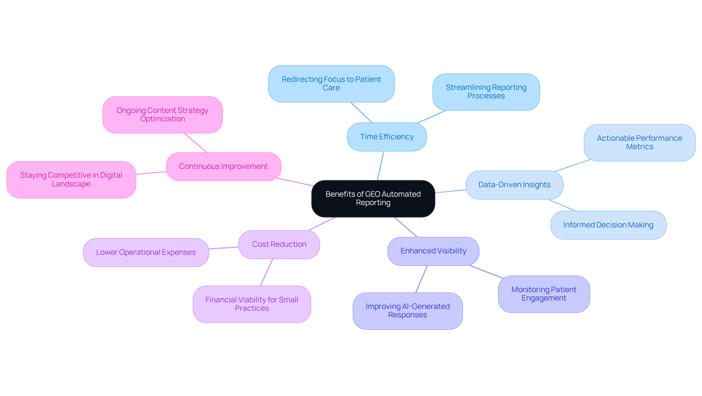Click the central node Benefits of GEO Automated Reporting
(x=373, y=199)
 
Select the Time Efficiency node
(x=386, y=137)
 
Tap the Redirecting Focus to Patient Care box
(x=331, y=84)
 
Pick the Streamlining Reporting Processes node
(x=486, y=92)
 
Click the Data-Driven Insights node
(x=514, y=185)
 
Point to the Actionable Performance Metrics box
(x=639, y=143)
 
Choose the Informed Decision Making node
(x=608, y=225)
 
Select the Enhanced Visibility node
(x=433, y=251)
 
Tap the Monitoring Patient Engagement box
(x=544, y=294)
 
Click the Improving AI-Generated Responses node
(x=407, y=311)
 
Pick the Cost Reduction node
(x=279, y=244)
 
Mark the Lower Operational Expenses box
(x=146, y=252)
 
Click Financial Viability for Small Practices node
(x=252, y=304)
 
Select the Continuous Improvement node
(x=223, y=166)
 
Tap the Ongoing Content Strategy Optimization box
(x=162, y=115)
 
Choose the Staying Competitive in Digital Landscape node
(x=71, y=180)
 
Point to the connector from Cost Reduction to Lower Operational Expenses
(x=224, y=248)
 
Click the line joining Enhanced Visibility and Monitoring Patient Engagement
(x=486, y=272)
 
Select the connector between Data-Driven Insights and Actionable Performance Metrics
(x=572, y=165)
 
